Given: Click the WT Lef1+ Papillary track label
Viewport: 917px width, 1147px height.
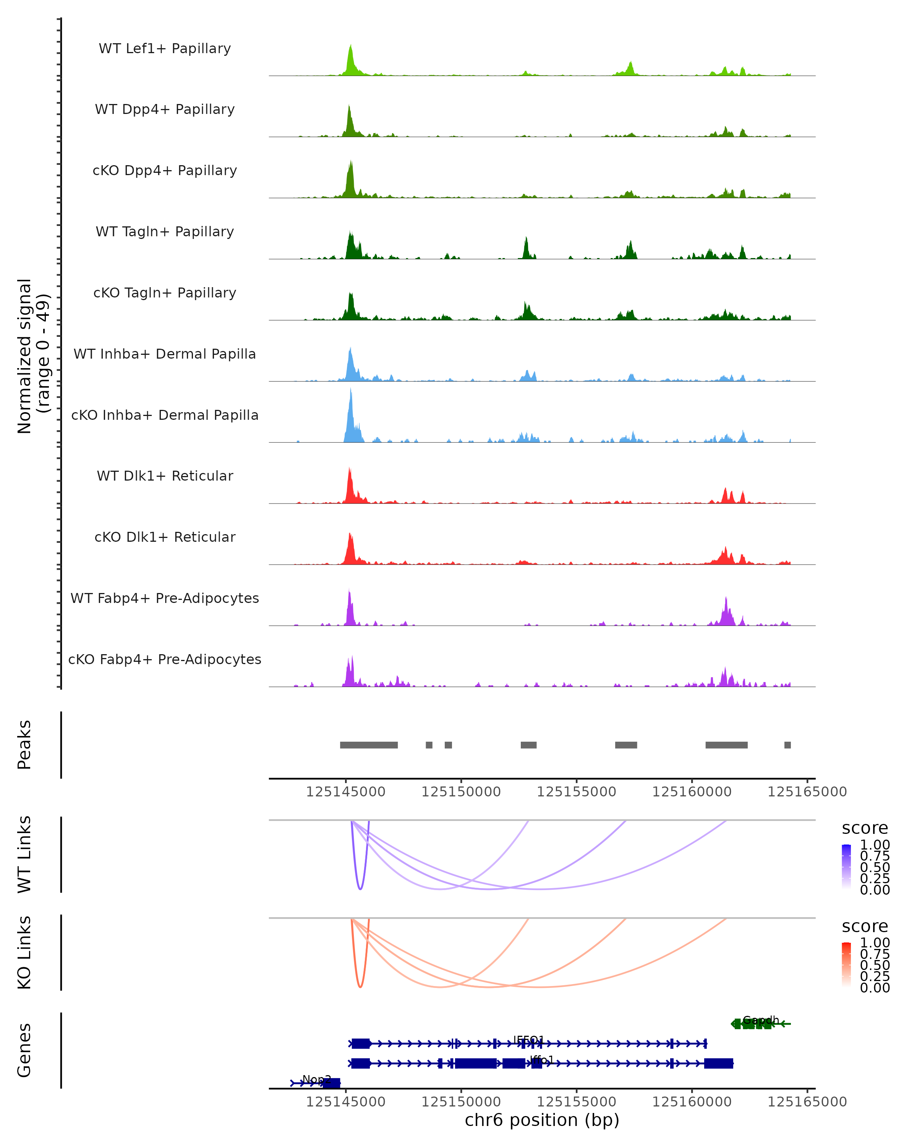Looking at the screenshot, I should (x=165, y=49).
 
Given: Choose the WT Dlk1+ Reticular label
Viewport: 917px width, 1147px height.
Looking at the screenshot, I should (x=165, y=476).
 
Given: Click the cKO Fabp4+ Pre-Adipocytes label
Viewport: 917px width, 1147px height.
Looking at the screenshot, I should (x=165, y=659).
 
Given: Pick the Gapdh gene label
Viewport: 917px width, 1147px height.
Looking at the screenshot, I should (x=761, y=1020).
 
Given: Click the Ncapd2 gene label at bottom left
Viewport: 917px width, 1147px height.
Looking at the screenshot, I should (x=316, y=1079).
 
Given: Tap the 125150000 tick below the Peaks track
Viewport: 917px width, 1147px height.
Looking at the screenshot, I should (x=461, y=792).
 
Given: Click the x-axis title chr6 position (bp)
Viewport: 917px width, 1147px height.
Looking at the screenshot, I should (x=542, y=1120).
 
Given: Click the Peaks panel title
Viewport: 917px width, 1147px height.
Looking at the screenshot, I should (x=24, y=744).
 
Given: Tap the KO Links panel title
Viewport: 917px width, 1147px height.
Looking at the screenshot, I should (x=24, y=952).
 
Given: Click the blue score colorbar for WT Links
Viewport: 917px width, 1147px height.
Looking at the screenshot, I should (x=846, y=867).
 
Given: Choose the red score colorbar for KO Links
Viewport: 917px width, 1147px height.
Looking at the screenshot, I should (x=846, y=965).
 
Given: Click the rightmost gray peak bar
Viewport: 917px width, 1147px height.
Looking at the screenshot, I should (x=787, y=745).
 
